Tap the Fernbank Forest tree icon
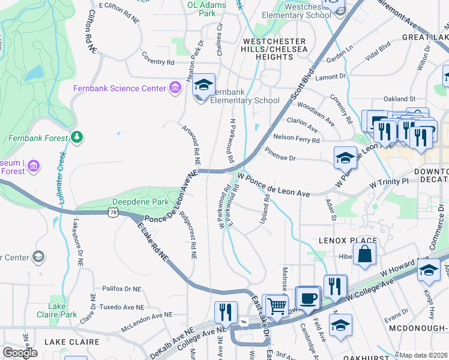pyautogui.click(x=76, y=138)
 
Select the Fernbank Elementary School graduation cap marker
pyautogui.click(x=203, y=86)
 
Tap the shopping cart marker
pyautogui.click(x=276, y=306)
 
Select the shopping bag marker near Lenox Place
pyautogui.click(x=364, y=254)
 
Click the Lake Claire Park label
pyautogui.click(x=62, y=310)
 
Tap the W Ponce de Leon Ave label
pyautogui.click(x=274, y=185)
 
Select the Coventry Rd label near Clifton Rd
pyautogui.click(x=158, y=62)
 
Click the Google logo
pyautogui.click(x=20, y=353)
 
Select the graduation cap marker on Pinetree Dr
pyautogui.click(x=345, y=158)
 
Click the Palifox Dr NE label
pyautogui.click(x=121, y=289)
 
